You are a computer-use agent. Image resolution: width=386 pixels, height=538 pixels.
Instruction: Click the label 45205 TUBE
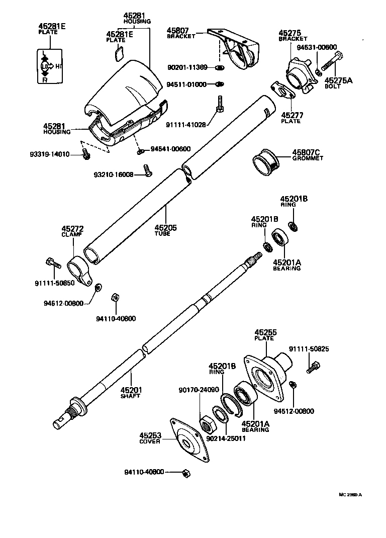(165, 230)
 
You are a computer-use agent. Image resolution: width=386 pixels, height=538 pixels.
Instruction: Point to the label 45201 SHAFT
(131, 392)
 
